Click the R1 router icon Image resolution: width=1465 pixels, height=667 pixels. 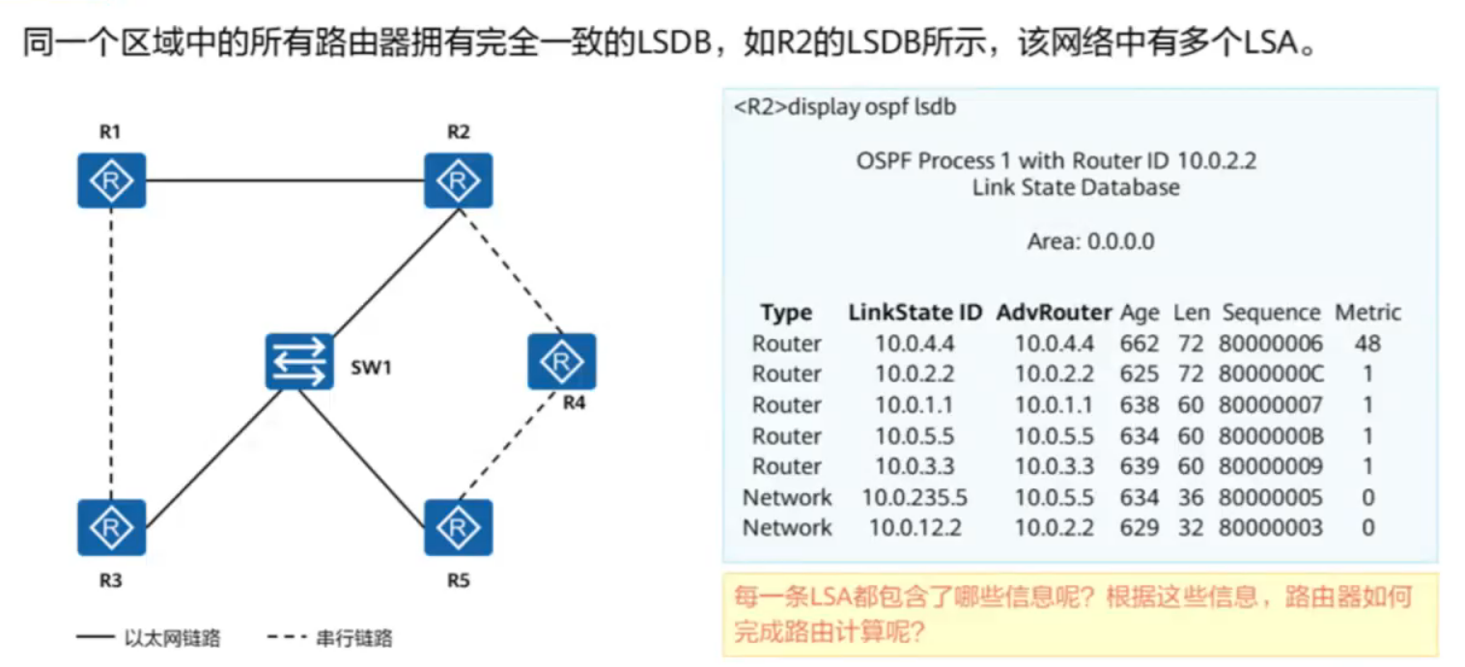pyautogui.click(x=111, y=181)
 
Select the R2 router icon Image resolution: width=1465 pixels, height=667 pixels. pyautogui.click(x=458, y=181)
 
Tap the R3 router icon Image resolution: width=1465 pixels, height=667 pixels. pyautogui.click(x=111, y=527)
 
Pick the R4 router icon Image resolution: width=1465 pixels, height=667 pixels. pyautogui.click(x=561, y=362)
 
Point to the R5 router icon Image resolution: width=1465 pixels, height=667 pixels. pyautogui.click(x=458, y=527)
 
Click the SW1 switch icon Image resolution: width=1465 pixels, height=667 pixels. pyautogui.click(x=299, y=362)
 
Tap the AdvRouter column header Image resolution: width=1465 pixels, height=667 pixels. pyautogui.click(x=1054, y=313)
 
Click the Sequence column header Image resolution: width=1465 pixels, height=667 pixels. pyautogui.click(x=1270, y=313)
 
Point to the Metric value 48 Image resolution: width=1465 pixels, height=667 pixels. pyautogui.click(x=1366, y=344)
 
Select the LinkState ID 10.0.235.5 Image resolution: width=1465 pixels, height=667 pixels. pyautogui.click(x=915, y=497)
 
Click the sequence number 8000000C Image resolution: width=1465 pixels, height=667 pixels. pyautogui.click(x=1270, y=375)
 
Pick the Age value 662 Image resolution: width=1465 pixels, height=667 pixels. pyautogui.click(x=1139, y=344)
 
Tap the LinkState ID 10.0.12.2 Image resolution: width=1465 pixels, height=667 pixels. pyautogui.click(x=915, y=528)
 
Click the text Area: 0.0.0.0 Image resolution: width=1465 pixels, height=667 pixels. pyautogui.click(x=1090, y=241)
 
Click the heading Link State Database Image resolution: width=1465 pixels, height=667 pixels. pyautogui.click(x=1076, y=187)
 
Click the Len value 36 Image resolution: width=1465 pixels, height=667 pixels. pyautogui.click(x=1190, y=497)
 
